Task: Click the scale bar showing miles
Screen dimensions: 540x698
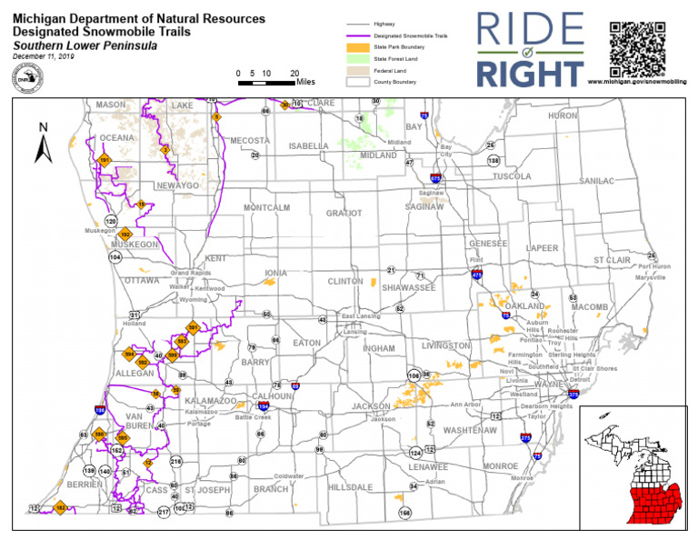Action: pos(266,82)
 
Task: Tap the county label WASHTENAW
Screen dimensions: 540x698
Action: pos(469,428)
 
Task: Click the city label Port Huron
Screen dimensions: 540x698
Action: pos(655,266)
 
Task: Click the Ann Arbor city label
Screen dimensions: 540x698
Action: pos(465,405)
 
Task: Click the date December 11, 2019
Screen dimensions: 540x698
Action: pos(45,56)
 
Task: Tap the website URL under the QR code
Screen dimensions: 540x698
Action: pos(640,82)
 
